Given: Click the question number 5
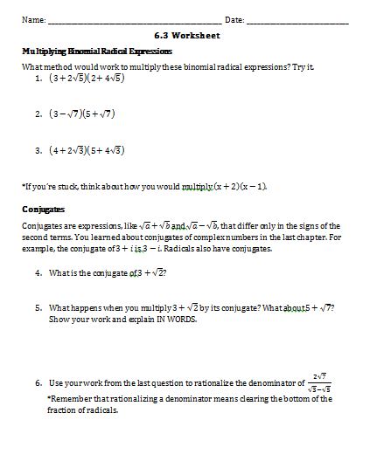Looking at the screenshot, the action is pos(39,307).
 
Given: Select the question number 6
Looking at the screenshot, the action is pos(39,383).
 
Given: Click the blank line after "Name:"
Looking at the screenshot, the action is pos(133,21).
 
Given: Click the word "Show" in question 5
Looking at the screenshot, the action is pos(59,319).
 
